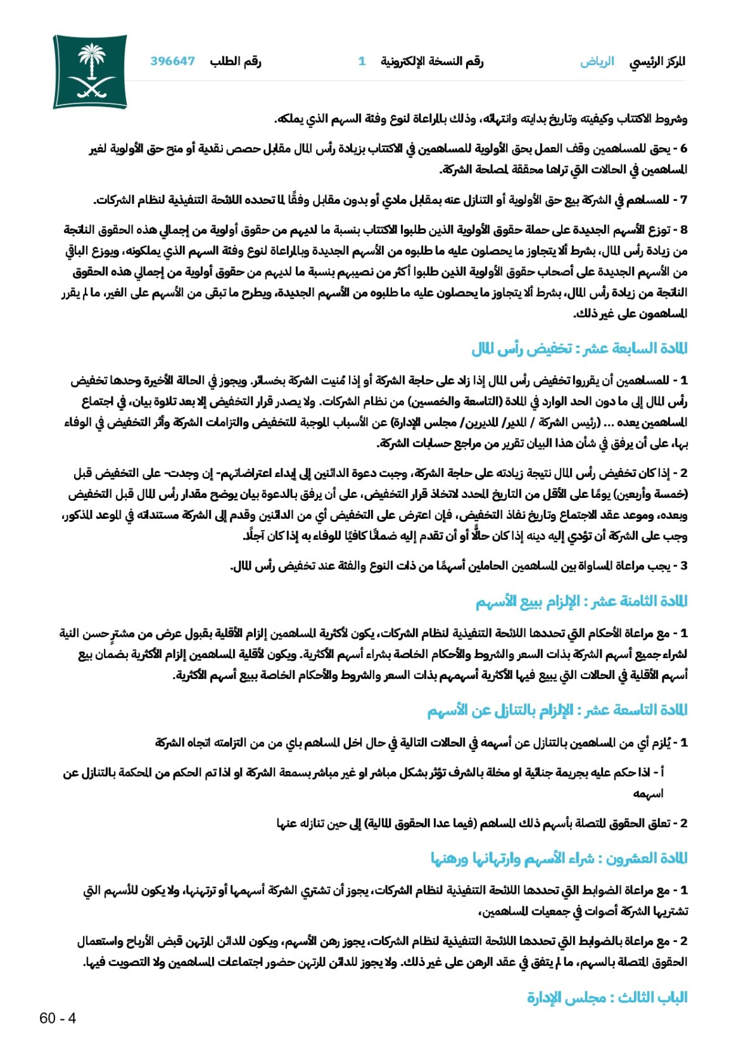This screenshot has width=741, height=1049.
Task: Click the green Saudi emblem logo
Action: tap(90, 71)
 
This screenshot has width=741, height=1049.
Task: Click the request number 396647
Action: tap(172, 61)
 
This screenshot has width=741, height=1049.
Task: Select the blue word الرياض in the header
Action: tap(597, 61)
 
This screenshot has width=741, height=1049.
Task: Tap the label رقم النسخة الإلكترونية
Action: tap(432, 61)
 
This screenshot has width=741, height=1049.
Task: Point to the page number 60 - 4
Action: tap(58, 1018)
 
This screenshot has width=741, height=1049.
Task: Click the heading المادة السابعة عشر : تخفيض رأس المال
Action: tap(579, 348)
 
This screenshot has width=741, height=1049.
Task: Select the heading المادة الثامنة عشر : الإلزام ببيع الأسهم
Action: tap(581, 601)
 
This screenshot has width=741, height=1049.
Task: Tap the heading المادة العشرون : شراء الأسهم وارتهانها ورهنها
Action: tap(559, 858)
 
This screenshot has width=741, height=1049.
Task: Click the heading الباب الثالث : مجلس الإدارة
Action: tap(607, 998)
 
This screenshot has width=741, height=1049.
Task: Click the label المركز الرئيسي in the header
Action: tap(657, 61)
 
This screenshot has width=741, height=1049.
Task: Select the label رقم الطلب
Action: tap(236, 61)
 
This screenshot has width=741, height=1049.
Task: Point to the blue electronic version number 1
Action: tap(362, 61)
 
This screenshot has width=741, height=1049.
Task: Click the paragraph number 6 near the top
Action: tap(683, 149)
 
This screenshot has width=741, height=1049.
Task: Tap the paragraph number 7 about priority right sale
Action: tap(683, 201)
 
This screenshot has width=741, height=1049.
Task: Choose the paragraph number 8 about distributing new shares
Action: tap(683, 230)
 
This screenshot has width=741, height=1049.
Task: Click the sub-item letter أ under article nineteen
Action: tap(661, 773)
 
